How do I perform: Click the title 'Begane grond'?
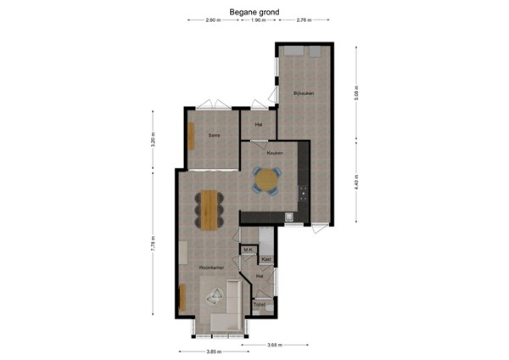click(x=254, y=12)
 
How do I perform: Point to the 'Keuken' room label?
click(x=274, y=154)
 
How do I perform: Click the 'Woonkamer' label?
click(x=211, y=267)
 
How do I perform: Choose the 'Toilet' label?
click(x=260, y=304)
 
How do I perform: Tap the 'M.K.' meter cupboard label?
click(x=248, y=250)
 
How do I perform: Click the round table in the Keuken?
click(x=267, y=180)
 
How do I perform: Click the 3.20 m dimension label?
click(x=154, y=138)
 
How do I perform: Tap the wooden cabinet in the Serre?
click(x=191, y=136)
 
